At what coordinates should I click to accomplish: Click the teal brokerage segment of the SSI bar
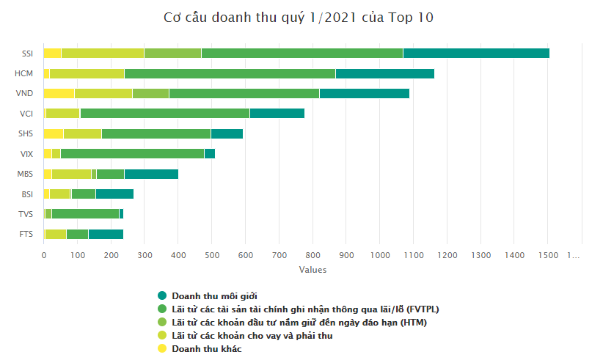click(x=476, y=53)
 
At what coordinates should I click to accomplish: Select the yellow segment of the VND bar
click(x=59, y=93)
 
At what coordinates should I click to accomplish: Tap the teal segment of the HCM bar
click(x=384, y=73)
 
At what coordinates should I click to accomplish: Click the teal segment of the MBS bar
click(x=151, y=174)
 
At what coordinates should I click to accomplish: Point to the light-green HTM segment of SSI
click(x=172, y=53)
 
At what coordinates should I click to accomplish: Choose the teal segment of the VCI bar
click(x=277, y=113)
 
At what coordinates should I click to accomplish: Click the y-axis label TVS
click(x=26, y=214)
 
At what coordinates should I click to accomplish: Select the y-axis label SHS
click(x=26, y=133)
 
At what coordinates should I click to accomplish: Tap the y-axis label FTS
click(x=26, y=234)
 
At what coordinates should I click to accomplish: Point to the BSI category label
click(x=26, y=194)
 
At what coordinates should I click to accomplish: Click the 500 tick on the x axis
click(x=212, y=254)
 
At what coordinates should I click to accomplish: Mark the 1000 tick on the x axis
click(x=380, y=254)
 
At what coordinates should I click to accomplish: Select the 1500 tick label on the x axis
click(x=548, y=254)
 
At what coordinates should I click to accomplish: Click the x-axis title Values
click(x=313, y=270)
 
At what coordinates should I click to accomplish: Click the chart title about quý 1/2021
click(x=299, y=18)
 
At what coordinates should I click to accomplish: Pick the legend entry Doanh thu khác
click(x=206, y=348)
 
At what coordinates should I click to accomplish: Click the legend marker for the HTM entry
click(x=162, y=322)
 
